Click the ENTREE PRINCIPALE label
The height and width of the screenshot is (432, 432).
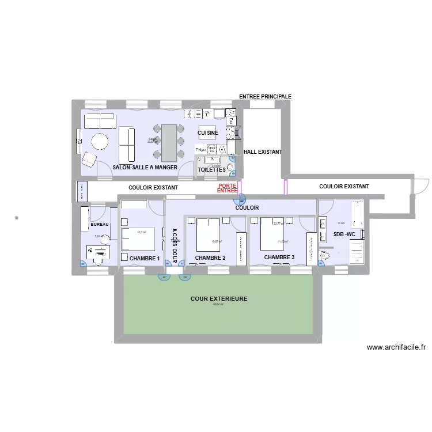pos(265,97)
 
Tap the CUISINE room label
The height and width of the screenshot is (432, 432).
pos(208,133)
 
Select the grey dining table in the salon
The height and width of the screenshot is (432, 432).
pos(169,143)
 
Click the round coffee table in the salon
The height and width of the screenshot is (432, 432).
pos(99,142)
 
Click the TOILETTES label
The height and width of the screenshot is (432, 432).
pos(212,170)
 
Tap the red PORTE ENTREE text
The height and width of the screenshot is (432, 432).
pos(228,188)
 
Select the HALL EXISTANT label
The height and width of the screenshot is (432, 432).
pos(263,152)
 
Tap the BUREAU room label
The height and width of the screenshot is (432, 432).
pos(100,224)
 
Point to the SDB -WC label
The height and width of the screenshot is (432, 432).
pos(345,234)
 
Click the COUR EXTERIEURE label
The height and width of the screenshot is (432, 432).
pos(219,299)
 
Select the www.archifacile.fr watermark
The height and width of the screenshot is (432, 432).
pos(396,347)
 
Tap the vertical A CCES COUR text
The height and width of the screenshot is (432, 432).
pos(175,245)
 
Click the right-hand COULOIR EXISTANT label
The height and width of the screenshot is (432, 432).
pos(344,187)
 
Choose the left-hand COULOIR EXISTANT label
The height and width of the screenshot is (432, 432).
pos(153,188)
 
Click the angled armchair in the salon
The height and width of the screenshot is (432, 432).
pos(89,159)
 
